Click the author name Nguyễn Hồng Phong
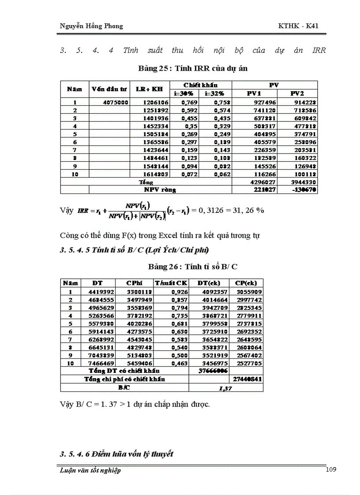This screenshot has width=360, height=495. [91, 26]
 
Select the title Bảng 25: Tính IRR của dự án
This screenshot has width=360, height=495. [193, 68]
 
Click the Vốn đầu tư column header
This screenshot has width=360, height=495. [109, 89]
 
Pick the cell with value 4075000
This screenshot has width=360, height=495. [116, 102]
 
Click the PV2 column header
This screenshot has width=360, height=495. [296, 93]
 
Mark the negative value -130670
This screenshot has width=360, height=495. [304, 190]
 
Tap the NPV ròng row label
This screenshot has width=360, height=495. [160, 190]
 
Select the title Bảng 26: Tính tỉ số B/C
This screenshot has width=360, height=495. [193, 267]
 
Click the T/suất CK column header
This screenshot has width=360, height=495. [171, 283]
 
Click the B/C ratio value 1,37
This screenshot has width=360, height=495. [226, 388]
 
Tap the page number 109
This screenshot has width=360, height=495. [330, 469]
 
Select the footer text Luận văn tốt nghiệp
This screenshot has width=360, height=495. [90, 470]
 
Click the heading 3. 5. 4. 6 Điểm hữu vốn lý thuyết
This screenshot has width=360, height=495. [116, 454]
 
